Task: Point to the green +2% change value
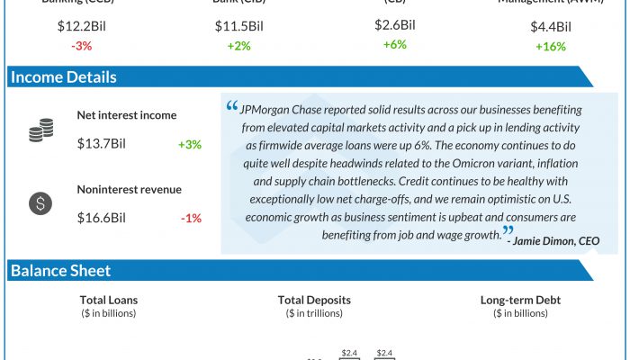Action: pyautogui.click(x=238, y=46)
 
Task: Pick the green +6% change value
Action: pyautogui.click(x=395, y=44)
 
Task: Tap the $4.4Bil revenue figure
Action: pyautogui.click(x=551, y=26)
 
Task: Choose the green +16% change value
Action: pyautogui.click(x=551, y=46)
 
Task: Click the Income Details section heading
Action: pyautogui.click(x=63, y=77)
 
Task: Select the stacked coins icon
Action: pyautogui.click(x=40, y=132)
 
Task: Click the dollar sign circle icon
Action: pyautogui.click(x=40, y=203)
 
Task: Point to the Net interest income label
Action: pyautogui.click(x=127, y=115)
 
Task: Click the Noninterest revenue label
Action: pyautogui.click(x=130, y=189)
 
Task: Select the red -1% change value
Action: pyautogui.click(x=191, y=218)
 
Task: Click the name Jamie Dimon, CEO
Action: pyautogui.click(x=557, y=240)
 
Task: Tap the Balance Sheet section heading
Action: pyautogui.click(x=60, y=270)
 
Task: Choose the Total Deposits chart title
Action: pyautogui.click(x=314, y=300)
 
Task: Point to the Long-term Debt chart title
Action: pyautogui.click(x=520, y=300)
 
